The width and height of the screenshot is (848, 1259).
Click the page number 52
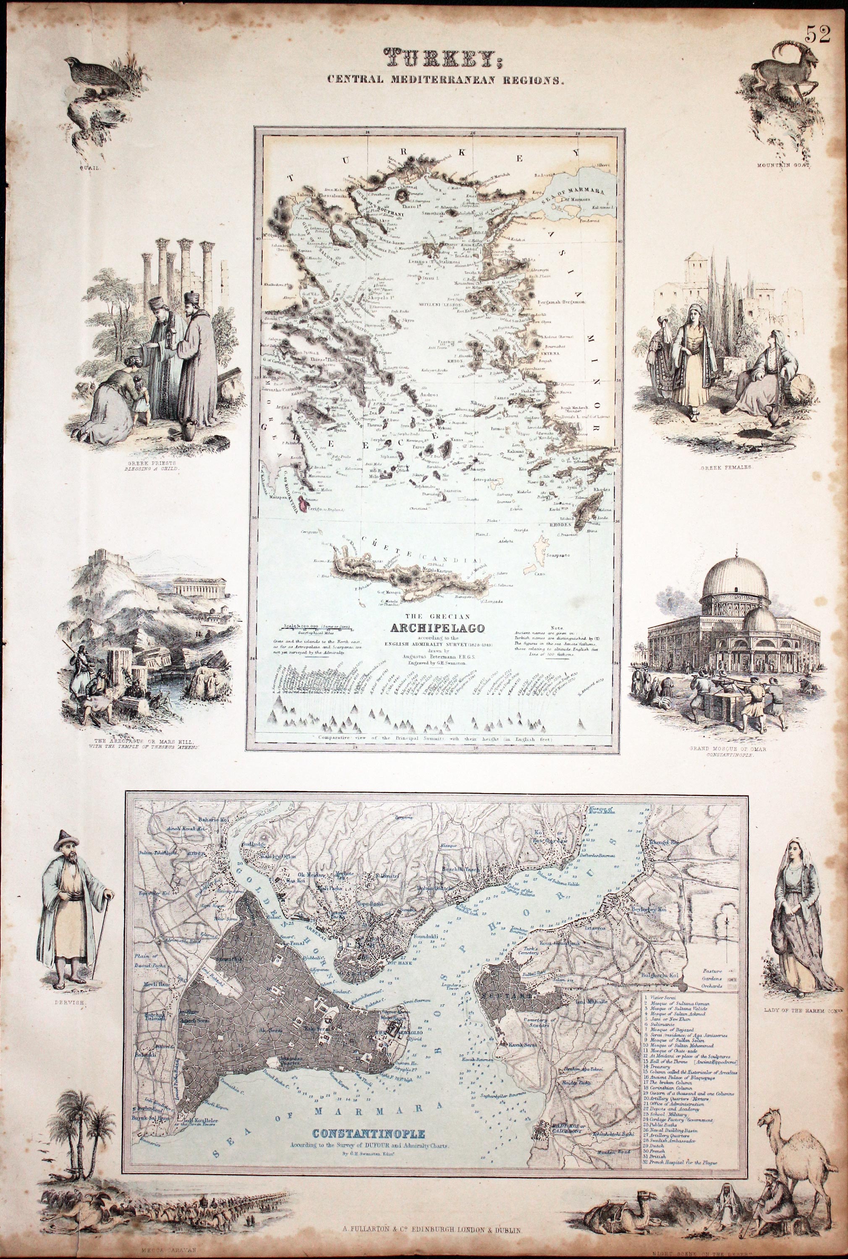point(818,34)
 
